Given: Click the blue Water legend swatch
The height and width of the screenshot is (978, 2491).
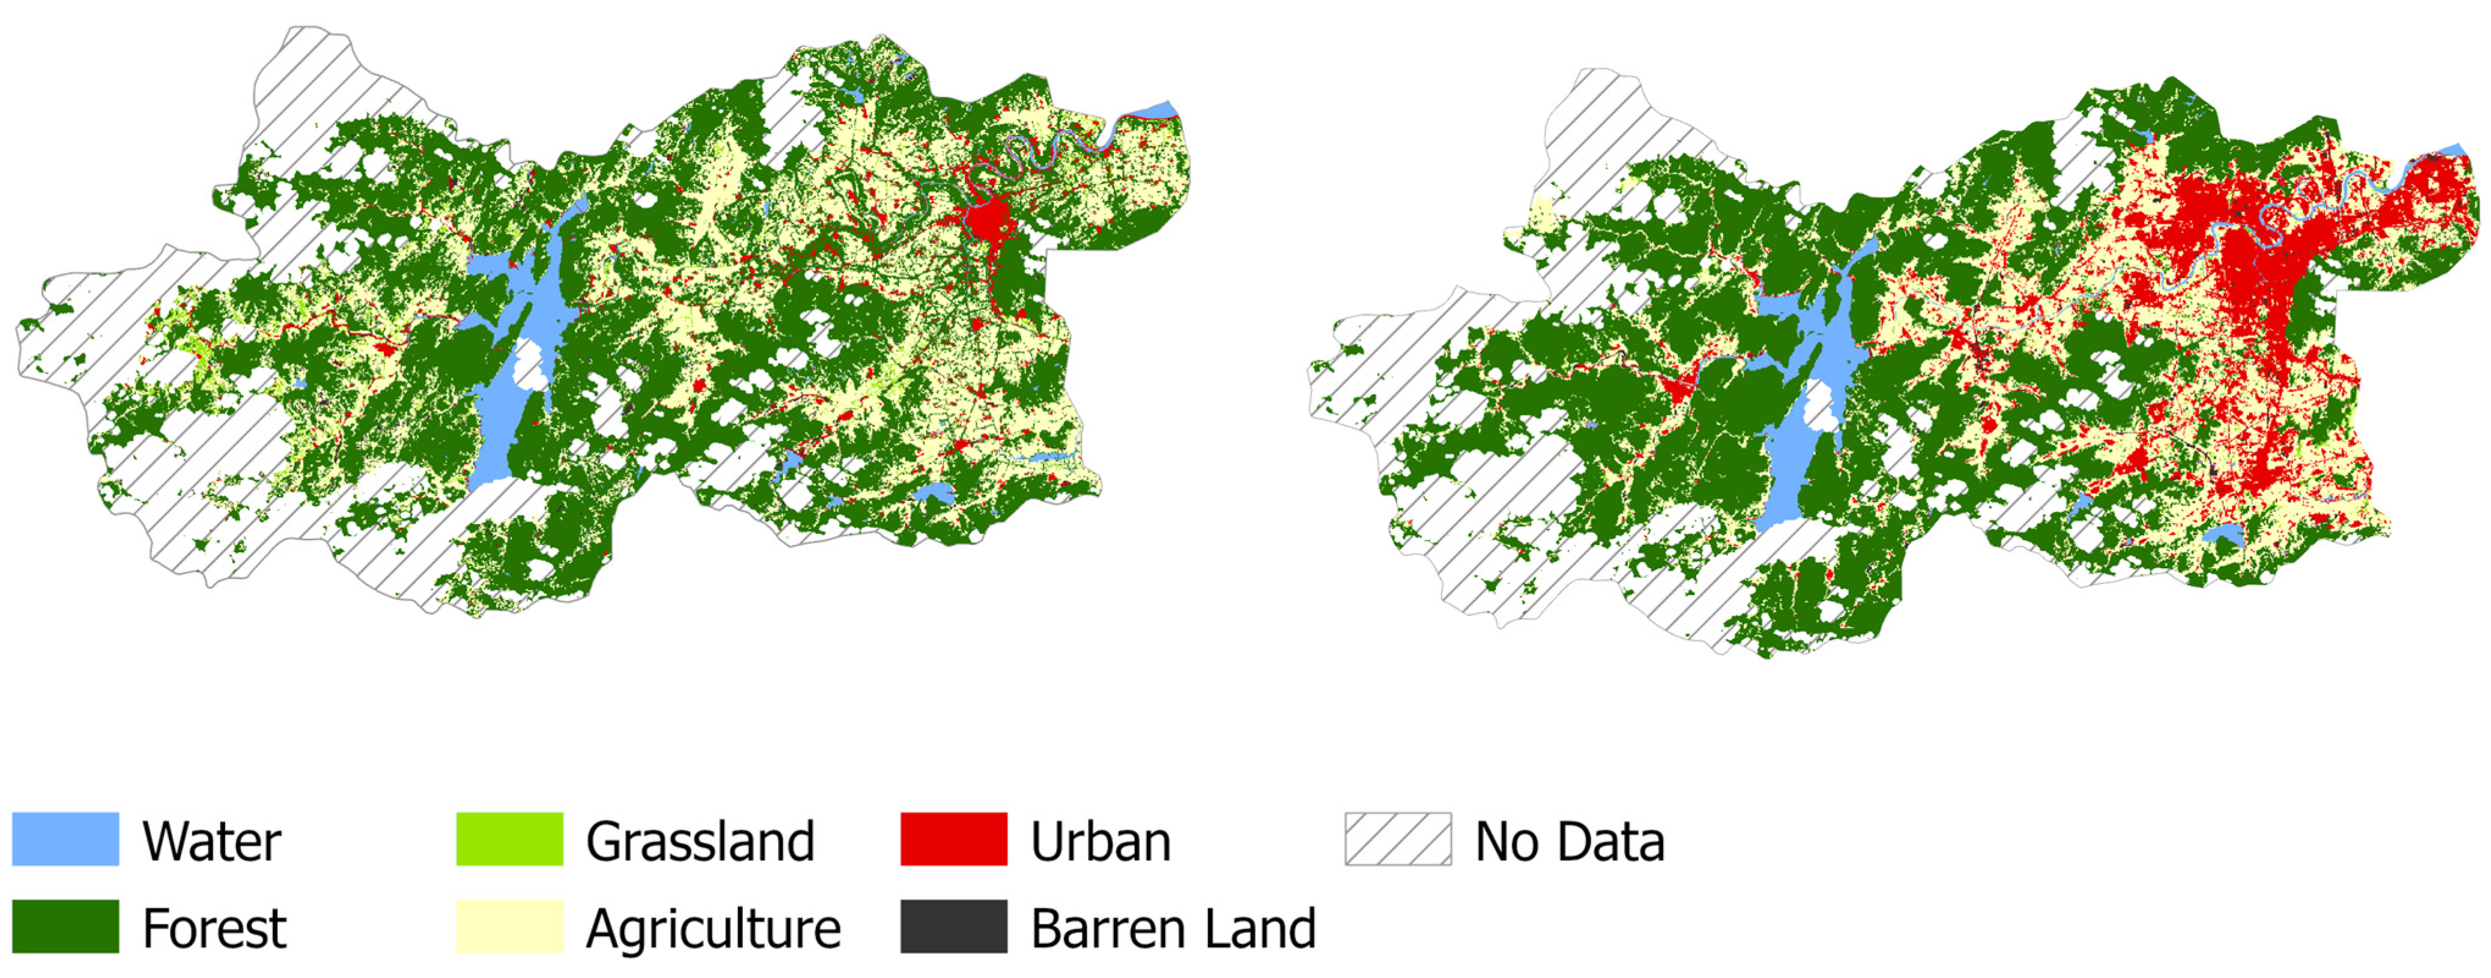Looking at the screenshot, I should pyautogui.click(x=65, y=839).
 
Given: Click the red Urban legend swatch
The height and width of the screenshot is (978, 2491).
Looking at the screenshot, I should pyautogui.click(x=953, y=839).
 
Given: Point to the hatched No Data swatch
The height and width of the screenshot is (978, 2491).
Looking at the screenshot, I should pyautogui.click(x=1397, y=839).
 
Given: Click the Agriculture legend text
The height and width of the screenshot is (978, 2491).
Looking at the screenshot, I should pyautogui.click(x=714, y=929).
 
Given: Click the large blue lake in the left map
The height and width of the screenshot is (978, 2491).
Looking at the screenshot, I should pyautogui.click(x=503, y=426).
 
